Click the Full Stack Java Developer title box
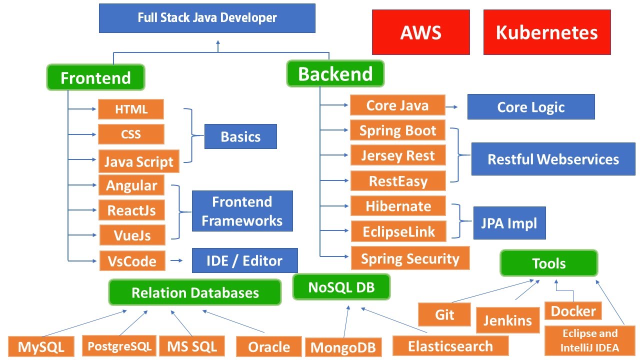pyautogui.click(x=207, y=18)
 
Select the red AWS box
pyautogui.click(x=420, y=32)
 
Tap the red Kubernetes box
pyautogui.click(x=546, y=32)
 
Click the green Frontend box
pyautogui.click(x=95, y=77)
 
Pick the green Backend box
pyautogui.click(x=335, y=73)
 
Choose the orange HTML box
pyautogui.click(x=130, y=109)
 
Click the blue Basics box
pyautogui.click(x=240, y=136)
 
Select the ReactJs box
pyautogui.click(x=131, y=210)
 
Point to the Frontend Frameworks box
pyautogui.click(x=242, y=211)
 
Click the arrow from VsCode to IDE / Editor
pyautogui.click(x=176, y=260)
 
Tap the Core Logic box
pyautogui.click(x=530, y=107)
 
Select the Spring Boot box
pyautogui.click(x=397, y=130)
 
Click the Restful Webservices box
pyautogui.click(x=553, y=159)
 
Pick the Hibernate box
pyautogui.click(x=398, y=206)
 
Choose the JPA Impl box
pyautogui.click(x=509, y=223)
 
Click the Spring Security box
pyautogui.click(x=410, y=258)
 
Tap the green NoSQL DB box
pyautogui.click(x=341, y=287)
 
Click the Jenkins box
pyautogui.click(x=507, y=319)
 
